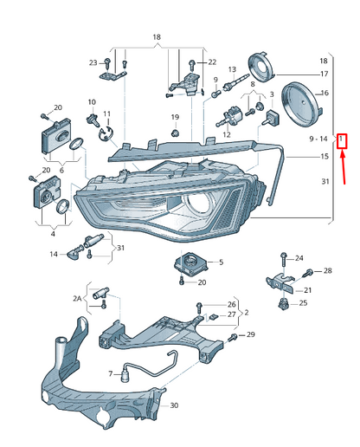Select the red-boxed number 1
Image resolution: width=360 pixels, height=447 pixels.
(x=342, y=139)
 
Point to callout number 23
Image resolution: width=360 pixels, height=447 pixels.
(x=93, y=62)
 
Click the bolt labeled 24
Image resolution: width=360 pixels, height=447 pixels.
(x=283, y=258)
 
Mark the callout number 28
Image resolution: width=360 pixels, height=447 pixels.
(x=327, y=272)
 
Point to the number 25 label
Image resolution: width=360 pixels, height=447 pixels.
(x=303, y=303)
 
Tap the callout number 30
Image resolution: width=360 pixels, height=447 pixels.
(x=174, y=405)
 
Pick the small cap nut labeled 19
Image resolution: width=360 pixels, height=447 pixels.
(x=175, y=133)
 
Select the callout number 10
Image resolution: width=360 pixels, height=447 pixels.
(x=91, y=102)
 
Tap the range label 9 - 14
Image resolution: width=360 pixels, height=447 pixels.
(x=318, y=139)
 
